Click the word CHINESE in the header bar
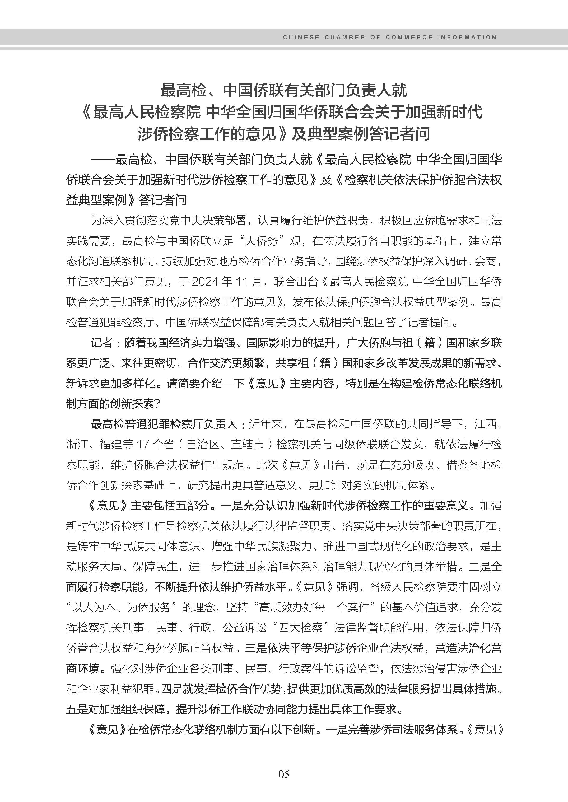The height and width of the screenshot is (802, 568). point(301,37)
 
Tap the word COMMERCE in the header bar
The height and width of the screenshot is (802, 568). point(409,37)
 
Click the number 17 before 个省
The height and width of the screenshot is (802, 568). point(143,445)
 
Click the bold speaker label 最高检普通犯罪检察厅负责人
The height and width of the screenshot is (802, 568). point(164,424)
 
